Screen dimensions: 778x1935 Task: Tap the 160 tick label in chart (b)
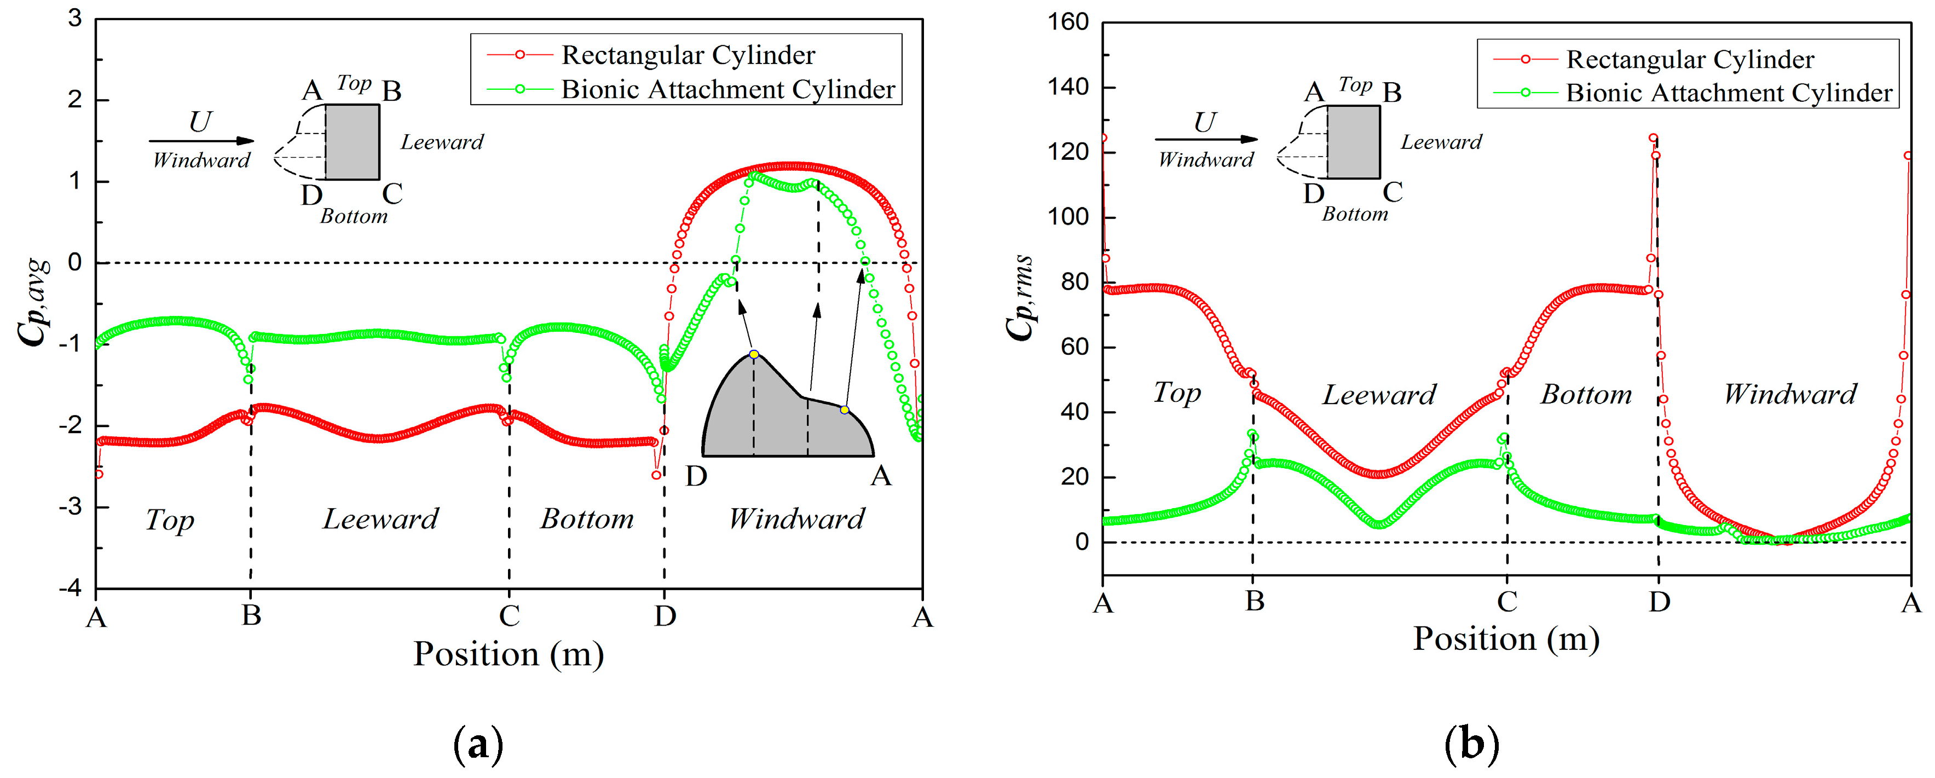tap(1068, 22)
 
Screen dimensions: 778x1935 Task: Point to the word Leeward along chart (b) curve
tap(1379, 395)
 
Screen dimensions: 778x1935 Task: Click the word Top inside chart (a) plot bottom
tap(170, 520)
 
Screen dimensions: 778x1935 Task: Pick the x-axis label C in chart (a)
tap(509, 616)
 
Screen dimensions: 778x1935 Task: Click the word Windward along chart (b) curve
tap(1789, 394)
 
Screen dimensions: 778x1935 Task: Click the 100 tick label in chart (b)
tap(1068, 217)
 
